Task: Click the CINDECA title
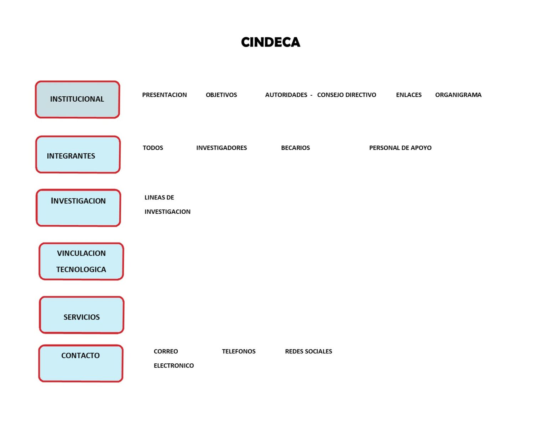pyautogui.click(x=271, y=42)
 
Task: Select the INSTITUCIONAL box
pyautogui.click(x=77, y=100)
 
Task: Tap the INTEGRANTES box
pyautogui.click(x=78, y=155)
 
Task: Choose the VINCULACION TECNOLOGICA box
pyautogui.click(x=81, y=261)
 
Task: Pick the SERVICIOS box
pyautogui.click(x=82, y=315)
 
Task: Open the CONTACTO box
pyautogui.click(x=81, y=363)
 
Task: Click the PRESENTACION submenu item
pyautogui.click(x=165, y=95)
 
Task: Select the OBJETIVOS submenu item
pyautogui.click(x=221, y=95)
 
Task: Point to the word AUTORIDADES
pyautogui.click(x=286, y=95)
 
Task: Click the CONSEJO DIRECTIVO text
pyautogui.click(x=347, y=95)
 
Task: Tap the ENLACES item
pyautogui.click(x=408, y=95)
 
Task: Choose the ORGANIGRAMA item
pyautogui.click(x=458, y=95)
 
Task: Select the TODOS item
pyautogui.click(x=153, y=148)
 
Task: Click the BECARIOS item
pyautogui.click(x=295, y=148)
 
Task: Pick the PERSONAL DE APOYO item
pyautogui.click(x=400, y=148)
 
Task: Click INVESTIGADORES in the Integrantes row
pyautogui.click(x=222, y=148)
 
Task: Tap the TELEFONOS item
pyautogui.click(x=239, y=351)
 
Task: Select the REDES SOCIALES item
pyautogui.click(x=308, y=351)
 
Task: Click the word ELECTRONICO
pyautogui.click(x=174, y=366)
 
